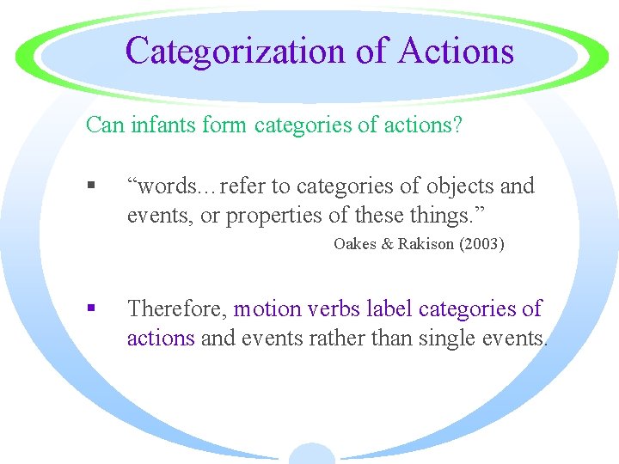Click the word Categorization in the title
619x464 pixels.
tap(237, 51)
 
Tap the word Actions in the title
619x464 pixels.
tap(457, 51)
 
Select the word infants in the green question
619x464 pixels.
tap(165, 126)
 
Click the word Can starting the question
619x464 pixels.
tap(104, 126)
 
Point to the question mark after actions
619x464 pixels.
tap(457, 126)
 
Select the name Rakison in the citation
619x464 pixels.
tap(425, 244)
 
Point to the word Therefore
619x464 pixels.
tap(176, 308)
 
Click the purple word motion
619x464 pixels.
tap(267, 308)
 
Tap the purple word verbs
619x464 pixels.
tap(330, 308)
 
